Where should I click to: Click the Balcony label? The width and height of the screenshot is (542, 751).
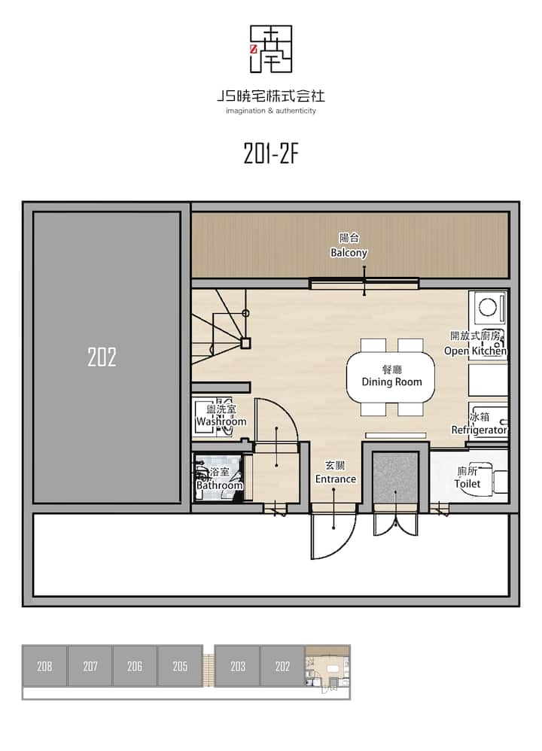[349, 252]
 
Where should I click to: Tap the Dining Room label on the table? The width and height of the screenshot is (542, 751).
[391, 382]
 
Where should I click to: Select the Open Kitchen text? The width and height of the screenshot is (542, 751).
[475, 351]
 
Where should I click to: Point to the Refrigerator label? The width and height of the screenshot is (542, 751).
[480, 430]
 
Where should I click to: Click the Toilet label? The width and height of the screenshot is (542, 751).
[467, 483]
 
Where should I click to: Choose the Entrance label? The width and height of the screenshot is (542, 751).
[336, 479]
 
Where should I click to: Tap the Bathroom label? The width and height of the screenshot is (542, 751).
[220, 485]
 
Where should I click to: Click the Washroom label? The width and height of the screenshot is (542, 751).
[221, 421]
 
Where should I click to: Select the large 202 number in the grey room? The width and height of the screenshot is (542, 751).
[102, 357]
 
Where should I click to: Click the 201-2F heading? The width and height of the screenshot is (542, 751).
[271, 154]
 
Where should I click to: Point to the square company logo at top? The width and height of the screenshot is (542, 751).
[271, 49]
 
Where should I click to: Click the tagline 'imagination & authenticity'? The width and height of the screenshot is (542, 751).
[271, 111]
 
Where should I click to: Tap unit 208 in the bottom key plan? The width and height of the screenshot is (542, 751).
[44, 666]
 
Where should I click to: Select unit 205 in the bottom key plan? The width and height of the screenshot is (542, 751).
[180, 666]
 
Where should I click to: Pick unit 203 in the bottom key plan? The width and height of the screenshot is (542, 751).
[238, 666]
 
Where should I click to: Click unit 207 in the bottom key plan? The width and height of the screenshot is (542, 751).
[90, 666]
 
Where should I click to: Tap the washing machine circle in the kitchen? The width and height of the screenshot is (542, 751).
[487, 307]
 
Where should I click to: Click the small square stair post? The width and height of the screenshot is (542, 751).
[245, 343]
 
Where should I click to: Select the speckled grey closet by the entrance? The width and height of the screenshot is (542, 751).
[395, 477]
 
